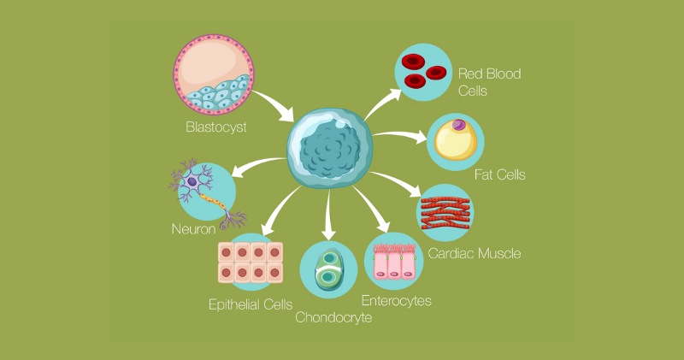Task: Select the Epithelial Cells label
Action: point(251,304)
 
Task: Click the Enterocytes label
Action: point(396,300)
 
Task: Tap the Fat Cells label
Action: point(499,174)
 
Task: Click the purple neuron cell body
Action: point(196,181)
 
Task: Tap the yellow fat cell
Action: point(454,142)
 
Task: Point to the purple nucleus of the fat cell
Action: point(461,126)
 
